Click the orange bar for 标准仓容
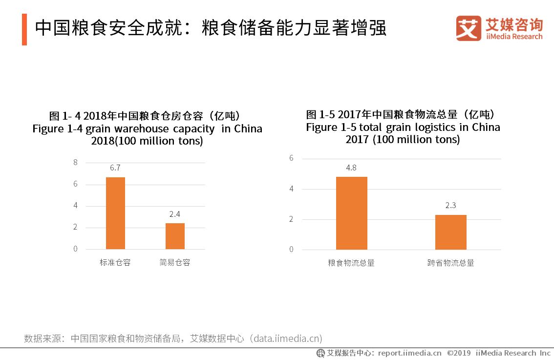pos(115,213)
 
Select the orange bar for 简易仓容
pos(175,236)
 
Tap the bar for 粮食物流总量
pos(351,213)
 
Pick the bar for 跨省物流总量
pos(450,232)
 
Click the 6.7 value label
pos(115,168)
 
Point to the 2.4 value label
pos(175,214)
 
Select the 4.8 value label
pos(351,168)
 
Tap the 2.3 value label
pos(450,206)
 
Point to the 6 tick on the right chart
pos(291,158)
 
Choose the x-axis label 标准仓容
pos(115,263)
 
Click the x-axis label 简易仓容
pos(175,263)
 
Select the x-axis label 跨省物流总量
pos(450,263)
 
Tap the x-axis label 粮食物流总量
pos(351,263)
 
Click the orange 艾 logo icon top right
pos(469,28)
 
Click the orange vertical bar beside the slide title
pos(24,29)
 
